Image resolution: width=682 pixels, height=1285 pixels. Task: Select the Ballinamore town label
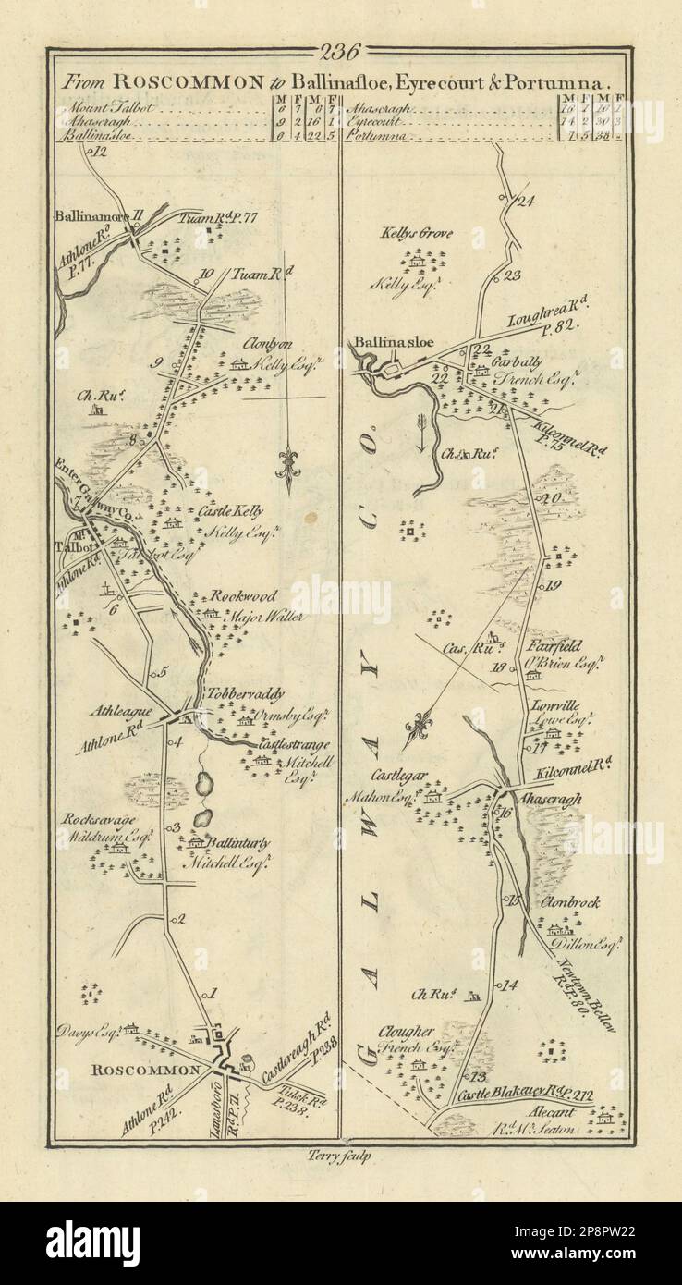point(91,220)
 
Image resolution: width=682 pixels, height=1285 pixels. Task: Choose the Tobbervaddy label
point(247,694)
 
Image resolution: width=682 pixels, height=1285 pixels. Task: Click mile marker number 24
point(527,202)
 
